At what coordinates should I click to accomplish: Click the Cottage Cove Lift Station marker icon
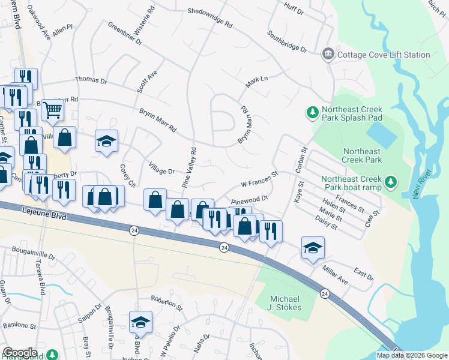tap(328, 55)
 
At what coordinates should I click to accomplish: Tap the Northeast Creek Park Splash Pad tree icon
tap(312, 112)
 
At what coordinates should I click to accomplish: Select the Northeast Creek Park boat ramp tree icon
tap(390, 181)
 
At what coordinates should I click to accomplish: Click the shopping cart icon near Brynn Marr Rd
tap(53, 109)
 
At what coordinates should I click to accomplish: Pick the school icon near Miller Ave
tap(313, 248)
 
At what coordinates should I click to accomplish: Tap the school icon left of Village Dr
tap(106, 141)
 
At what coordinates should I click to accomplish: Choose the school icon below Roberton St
tap(140, 322)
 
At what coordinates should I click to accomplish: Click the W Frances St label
tap(260, 179)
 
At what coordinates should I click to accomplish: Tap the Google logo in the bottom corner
tap(20, 352)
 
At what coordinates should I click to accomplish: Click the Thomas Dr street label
tap(91, 80)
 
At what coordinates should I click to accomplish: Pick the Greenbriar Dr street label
tap(125, 34)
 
